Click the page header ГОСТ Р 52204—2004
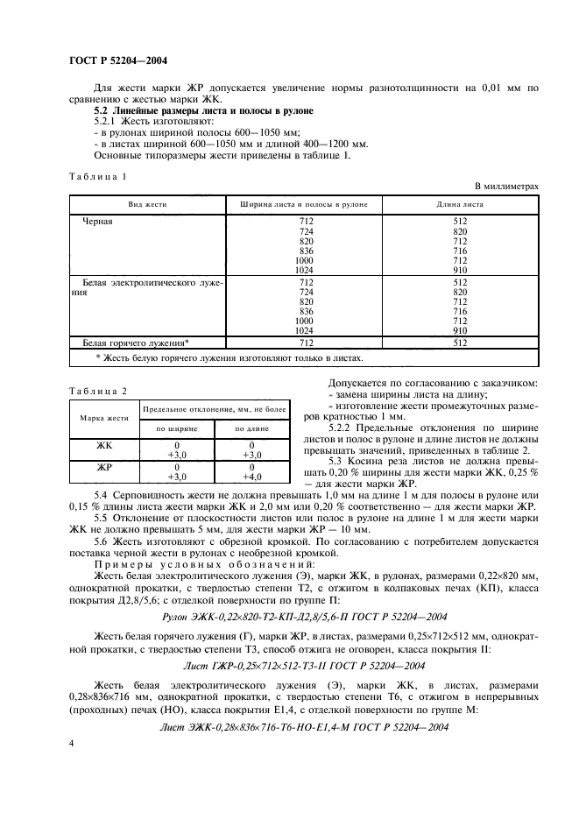tap(118, 60)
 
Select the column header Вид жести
tap(147, 204)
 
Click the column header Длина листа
tap(462, 204)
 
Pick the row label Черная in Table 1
tap(98, 222)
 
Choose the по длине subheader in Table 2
tap(252, 429)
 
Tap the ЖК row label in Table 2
tap(104, 444)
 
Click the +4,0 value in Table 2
tap(252, 477)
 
